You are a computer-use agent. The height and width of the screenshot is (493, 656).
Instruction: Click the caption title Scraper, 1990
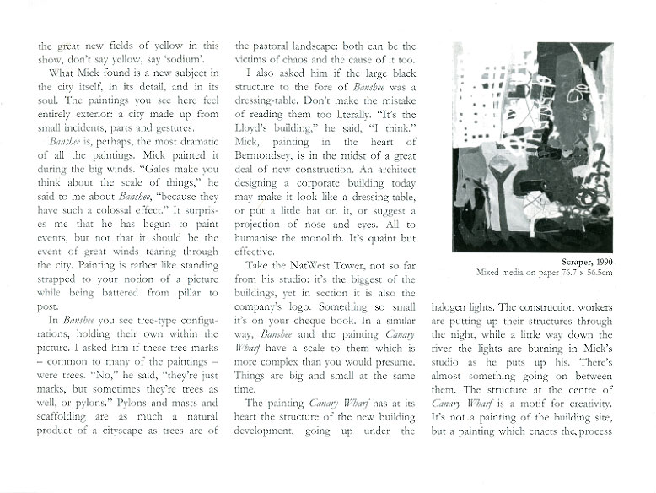coord(583,285)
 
